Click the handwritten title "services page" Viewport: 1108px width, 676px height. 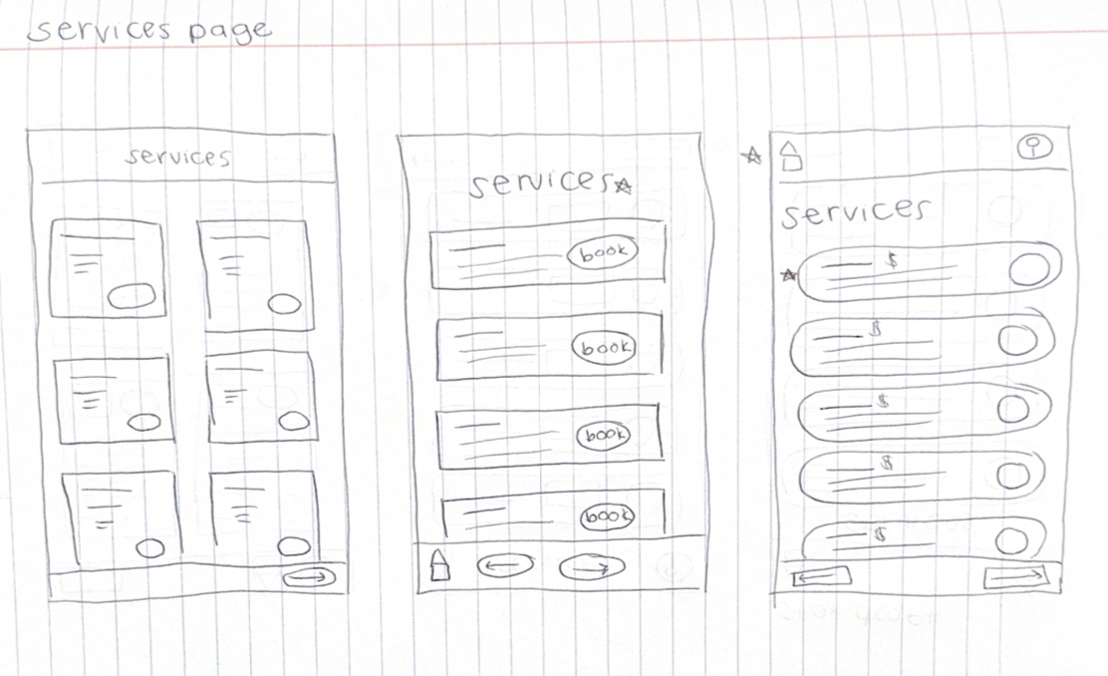point(149,30)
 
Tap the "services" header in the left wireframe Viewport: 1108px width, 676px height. point(178,157)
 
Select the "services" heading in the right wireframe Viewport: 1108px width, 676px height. point(855,212)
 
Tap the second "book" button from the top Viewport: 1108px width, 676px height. point(606,347)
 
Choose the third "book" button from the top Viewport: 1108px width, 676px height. point(605,436)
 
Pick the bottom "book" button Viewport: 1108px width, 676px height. point(608,516)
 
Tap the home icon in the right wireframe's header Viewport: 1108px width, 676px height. point(790,156)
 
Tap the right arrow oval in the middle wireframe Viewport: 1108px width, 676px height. point(592,566)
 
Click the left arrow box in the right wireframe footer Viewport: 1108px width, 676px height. point(821,577)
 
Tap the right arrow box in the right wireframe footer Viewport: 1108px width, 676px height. point(1014,577)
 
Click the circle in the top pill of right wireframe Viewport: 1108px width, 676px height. point(1028,269)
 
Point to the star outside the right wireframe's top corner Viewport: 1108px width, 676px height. point(754,155)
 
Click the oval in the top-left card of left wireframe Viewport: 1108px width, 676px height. point(131,296)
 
